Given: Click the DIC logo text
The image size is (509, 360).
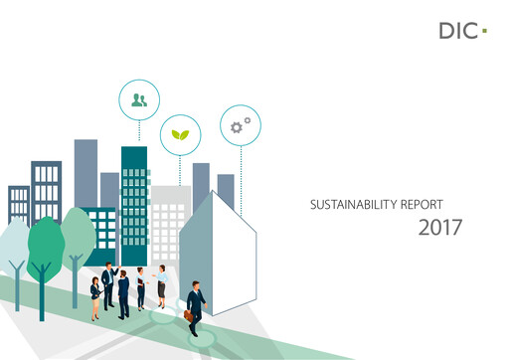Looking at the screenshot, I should click(x=455, y=31).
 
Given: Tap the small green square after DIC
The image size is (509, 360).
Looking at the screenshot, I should click(x=484, y=32).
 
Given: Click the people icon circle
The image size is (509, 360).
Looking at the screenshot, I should click(x=138, y=98).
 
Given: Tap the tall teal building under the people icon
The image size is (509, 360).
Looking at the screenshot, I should click(x=134, y=199).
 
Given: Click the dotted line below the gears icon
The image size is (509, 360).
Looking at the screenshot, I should click(x=239, y=169).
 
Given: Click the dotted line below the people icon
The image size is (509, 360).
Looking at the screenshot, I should click(x=138, y=131).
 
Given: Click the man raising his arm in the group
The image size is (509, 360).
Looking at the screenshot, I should click(x=109, y=283).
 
